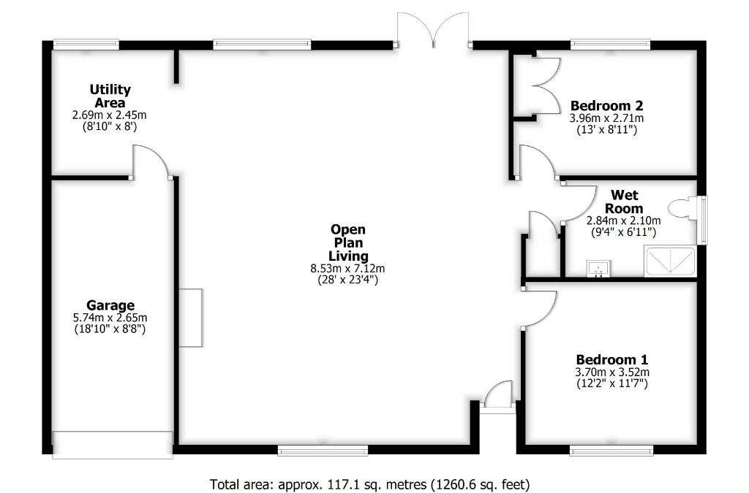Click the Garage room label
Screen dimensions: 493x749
110,305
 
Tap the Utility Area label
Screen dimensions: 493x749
110,96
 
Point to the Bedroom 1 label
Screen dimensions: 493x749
611,359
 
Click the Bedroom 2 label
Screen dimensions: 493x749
606,104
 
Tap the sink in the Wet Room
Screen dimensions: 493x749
598,270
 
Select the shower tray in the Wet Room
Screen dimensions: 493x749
669,261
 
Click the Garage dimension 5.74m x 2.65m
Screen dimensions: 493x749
110,318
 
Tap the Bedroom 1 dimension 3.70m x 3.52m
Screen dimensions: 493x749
611,372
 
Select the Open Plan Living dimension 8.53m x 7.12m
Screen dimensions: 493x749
347,268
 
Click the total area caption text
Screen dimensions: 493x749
369,484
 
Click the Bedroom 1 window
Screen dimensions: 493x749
611,451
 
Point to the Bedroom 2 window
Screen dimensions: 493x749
610,45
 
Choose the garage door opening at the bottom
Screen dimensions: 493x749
113,445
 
